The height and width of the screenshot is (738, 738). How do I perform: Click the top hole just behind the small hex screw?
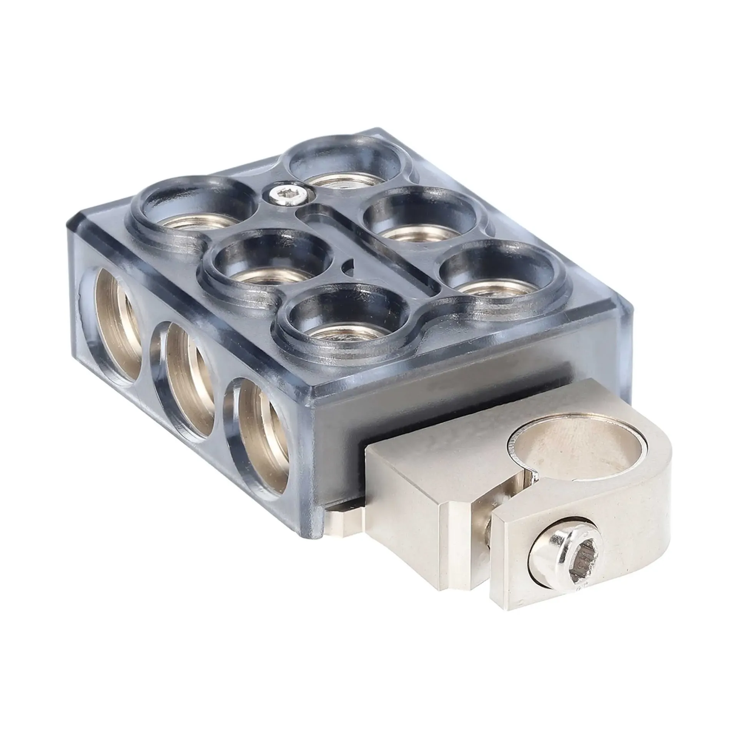click(348, 169)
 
